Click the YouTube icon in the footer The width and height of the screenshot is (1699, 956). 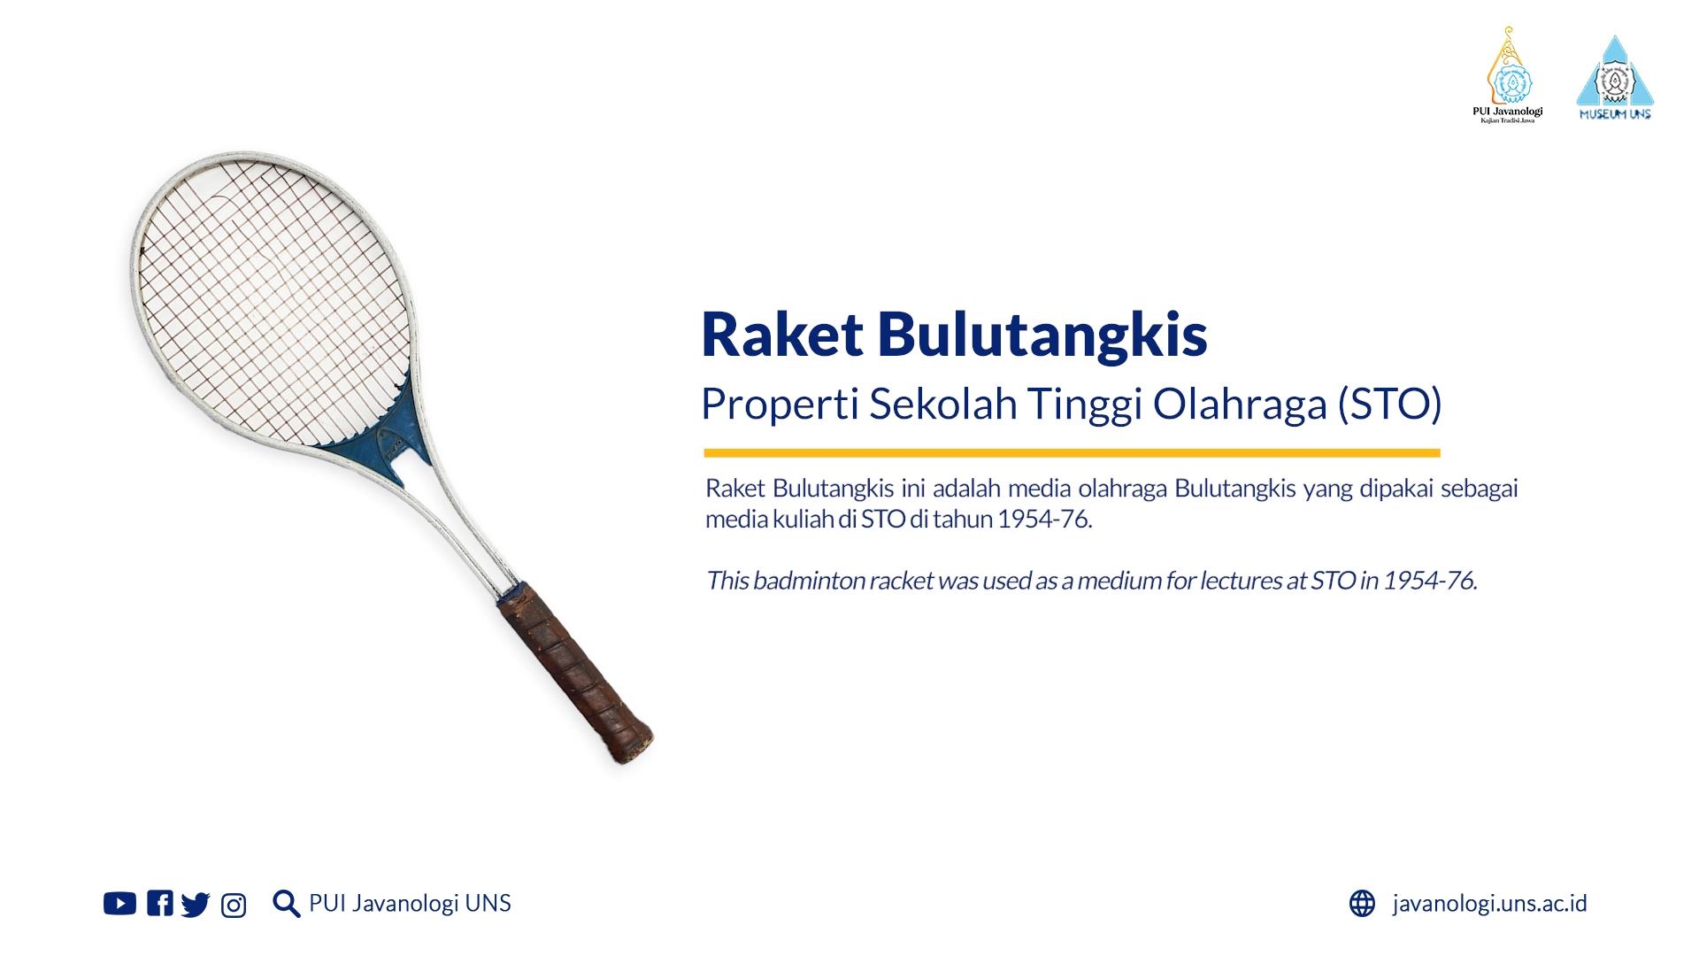click(x=119, y=903)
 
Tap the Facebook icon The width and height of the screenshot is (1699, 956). click(x=160, y=903)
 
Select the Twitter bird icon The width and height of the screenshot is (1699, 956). click(x=196, y=904)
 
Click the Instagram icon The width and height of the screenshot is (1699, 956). click(x=234, y=906)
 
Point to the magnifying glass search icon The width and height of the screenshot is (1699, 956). click(x=287, y=904)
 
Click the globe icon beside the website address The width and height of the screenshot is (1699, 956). click(x=1362, y=903)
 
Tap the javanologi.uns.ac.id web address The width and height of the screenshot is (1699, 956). click(x=1490, y=904)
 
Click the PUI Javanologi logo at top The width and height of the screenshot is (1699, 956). click(x=1507, y=74)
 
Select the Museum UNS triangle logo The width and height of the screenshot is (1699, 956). click(x=1615, y=78)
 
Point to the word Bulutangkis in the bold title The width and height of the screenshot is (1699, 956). click(x=1043, y=335)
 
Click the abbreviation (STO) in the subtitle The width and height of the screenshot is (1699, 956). click(x=1390, y=405)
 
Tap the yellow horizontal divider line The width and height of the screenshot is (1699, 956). click(x=1072, y=453)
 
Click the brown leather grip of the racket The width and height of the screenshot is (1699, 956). click(x=575, y=673)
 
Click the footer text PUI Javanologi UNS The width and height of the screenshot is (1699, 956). click(x=410, y=903)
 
